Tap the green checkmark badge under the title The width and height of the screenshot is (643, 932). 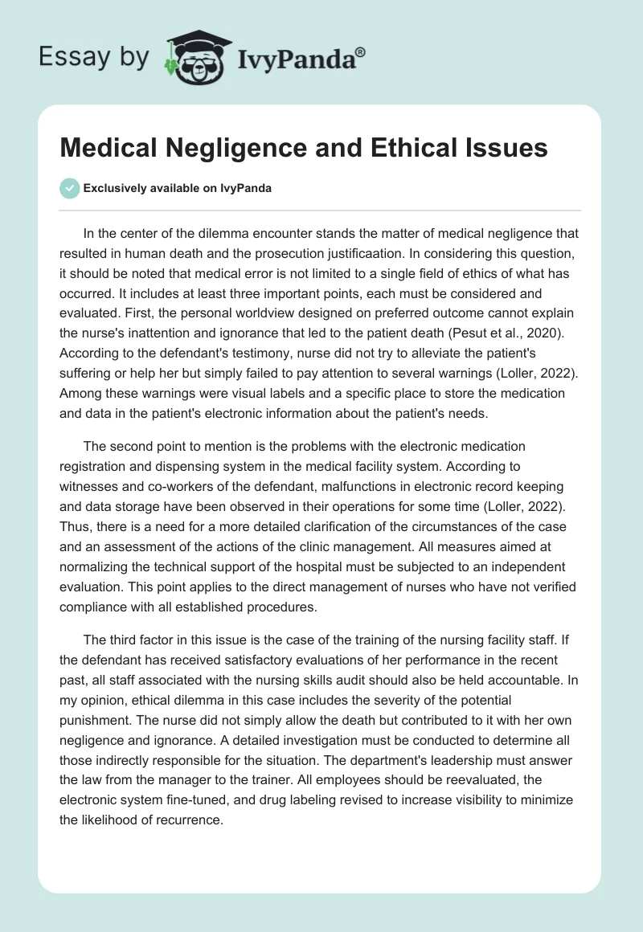[x=69, y=188]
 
